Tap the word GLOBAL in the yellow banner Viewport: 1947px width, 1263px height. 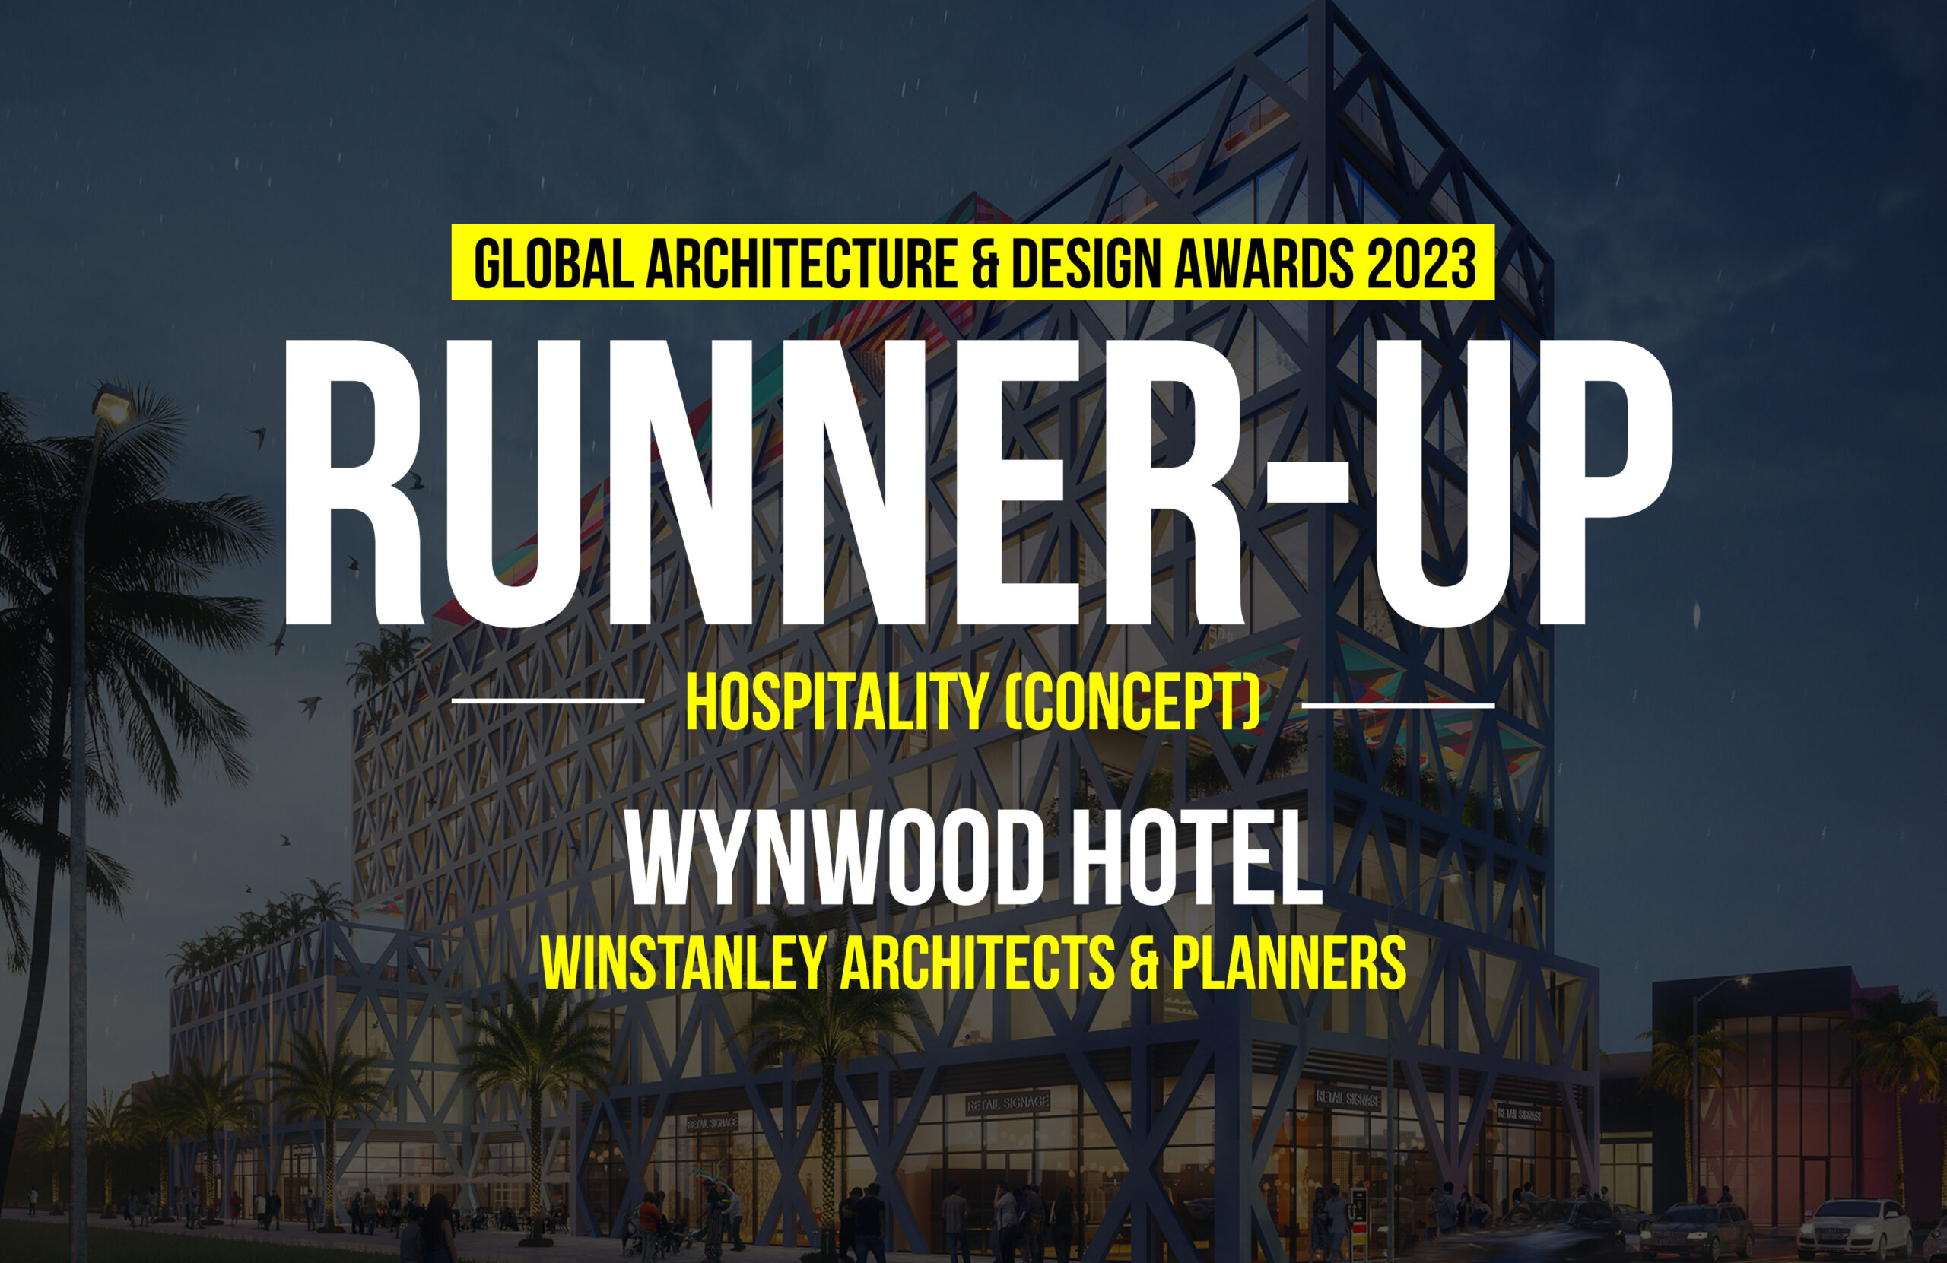click(554, 263)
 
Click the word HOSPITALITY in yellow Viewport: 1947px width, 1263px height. click(836, 703)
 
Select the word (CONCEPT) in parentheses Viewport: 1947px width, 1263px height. click(1132, 703)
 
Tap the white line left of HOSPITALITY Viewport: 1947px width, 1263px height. click(548, 701)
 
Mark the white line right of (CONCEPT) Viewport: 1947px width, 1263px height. click(1397, 704)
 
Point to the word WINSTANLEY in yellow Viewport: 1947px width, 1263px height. click(683, 963)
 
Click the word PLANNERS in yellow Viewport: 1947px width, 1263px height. click(1289, 963)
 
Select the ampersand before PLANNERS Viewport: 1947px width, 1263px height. click(1144, 963)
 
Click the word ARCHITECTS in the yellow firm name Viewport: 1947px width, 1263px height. click(977, 963)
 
